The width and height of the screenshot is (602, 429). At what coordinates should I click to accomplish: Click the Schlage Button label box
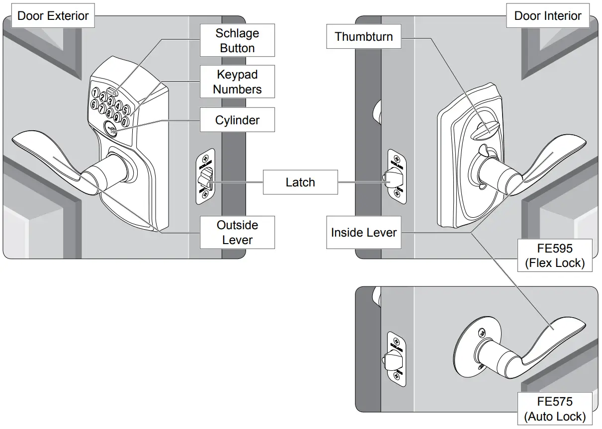[x=237, y=41]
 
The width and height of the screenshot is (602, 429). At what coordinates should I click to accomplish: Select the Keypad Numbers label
[x=237, y=82]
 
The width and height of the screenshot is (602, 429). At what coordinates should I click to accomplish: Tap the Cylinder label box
[x=237, y=120]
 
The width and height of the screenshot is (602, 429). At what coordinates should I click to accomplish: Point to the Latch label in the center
[x=300, y=182]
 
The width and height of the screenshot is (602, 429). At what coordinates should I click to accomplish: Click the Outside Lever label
[x=237, y=232]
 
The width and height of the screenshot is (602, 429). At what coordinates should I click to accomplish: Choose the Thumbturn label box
[x=363, y=37]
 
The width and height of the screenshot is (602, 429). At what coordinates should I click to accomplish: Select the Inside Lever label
[x=363, y=232]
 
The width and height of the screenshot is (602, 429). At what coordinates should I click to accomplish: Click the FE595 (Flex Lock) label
[x=554, y=255]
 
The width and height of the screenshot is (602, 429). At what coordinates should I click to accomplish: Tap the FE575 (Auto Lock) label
[x=554, y=409]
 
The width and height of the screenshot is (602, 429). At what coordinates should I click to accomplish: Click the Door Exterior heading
[x=53, y=15]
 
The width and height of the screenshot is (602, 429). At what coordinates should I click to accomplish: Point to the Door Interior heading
[x=547, y=15]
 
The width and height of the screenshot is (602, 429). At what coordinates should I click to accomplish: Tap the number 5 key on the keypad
[x=126, y=109]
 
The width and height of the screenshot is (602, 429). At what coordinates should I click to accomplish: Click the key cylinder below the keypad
[x=109, y=128]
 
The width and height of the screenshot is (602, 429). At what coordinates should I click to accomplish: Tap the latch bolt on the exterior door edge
[x=206, y=177]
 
